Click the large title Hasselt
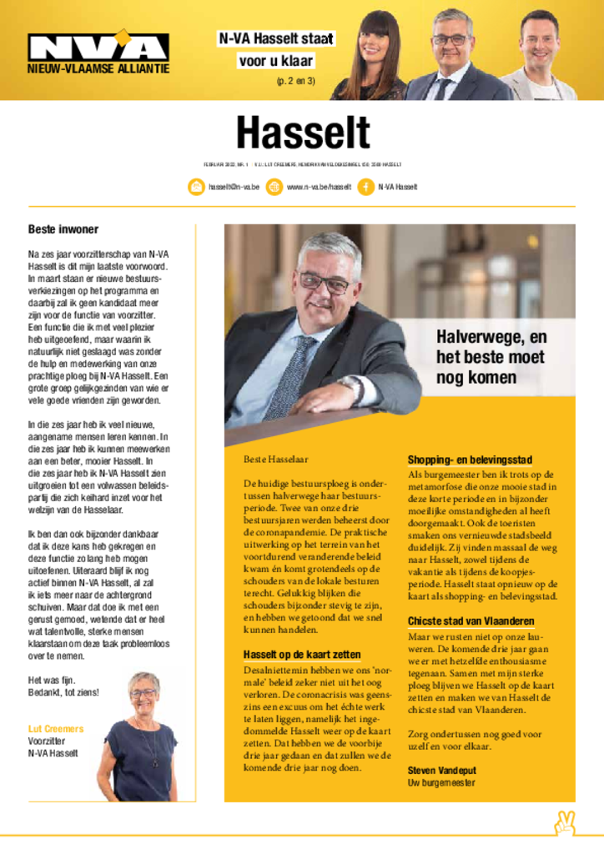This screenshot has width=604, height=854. click(302, 133)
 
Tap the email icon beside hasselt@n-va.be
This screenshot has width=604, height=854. click(196, 187)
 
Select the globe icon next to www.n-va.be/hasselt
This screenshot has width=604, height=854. click(274, 187)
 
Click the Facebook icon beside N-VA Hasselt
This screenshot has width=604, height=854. click(365, 187)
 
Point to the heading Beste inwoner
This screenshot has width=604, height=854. click(63, 229)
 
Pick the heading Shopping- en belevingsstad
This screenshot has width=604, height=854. click(470, 460)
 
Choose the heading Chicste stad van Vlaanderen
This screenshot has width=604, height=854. click(471, 621)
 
